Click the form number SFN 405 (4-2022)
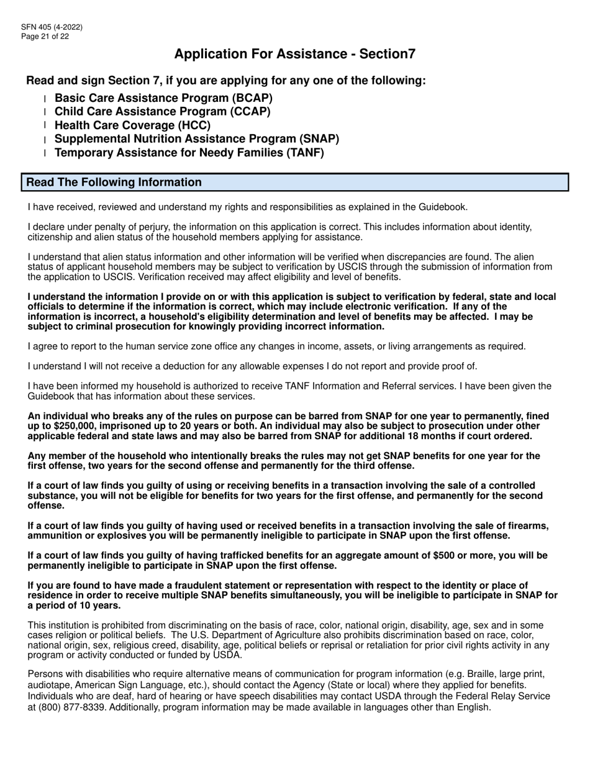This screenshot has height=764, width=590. [52, 27]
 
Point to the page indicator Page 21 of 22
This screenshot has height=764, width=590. [45, 36]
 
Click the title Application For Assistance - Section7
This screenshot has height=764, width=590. [295, 54]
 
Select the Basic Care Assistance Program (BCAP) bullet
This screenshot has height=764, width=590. [163, 98]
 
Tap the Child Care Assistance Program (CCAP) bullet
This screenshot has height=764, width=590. [162, 112]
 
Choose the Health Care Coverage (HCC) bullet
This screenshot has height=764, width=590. [132, 125]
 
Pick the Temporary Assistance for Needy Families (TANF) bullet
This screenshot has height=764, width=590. [189, 152]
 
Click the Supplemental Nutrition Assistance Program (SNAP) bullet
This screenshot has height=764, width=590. [197, 139]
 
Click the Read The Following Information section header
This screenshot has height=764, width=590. [114, 183]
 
